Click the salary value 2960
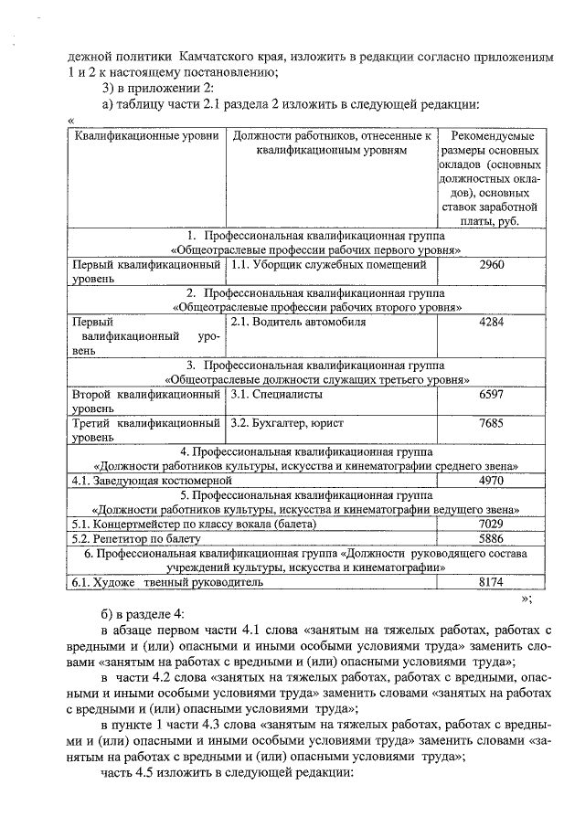(x=492, y=265)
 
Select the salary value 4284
(x=492, y=322)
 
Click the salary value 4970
(x=492, y=481)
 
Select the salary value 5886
(x=492, y=539)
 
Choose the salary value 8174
(x=492, y=581)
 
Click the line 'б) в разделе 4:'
(x=147, y=612)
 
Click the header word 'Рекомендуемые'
(x=494, y=136)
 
